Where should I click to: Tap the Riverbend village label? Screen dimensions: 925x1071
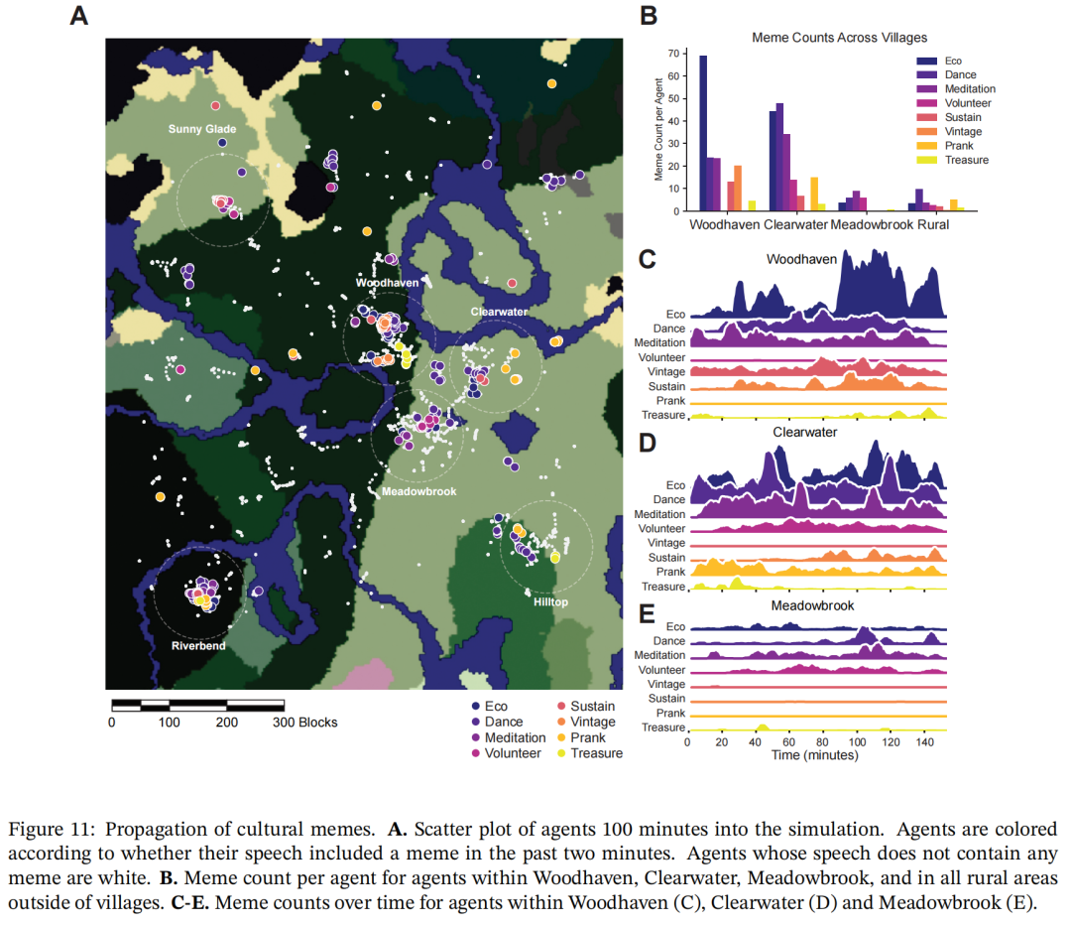tap(198, 646)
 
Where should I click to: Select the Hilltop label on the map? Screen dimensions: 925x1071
tap(551, 601)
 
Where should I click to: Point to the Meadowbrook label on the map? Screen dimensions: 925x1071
tap(419, 491)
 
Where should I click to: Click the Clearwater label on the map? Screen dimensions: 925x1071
tap(499, 312)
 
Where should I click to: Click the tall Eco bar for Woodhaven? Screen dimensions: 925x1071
tap(703, 133)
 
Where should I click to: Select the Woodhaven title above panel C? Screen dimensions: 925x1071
tap(801, 259)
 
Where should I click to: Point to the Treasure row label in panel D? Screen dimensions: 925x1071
tap(663, 587)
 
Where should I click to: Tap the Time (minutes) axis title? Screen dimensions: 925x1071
tap(815, 755)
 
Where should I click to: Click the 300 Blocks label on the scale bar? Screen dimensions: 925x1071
tap(305, 723)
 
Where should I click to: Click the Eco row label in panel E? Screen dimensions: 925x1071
tap(674, 627)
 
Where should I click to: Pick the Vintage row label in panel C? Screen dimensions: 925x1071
tap(665, 371)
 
